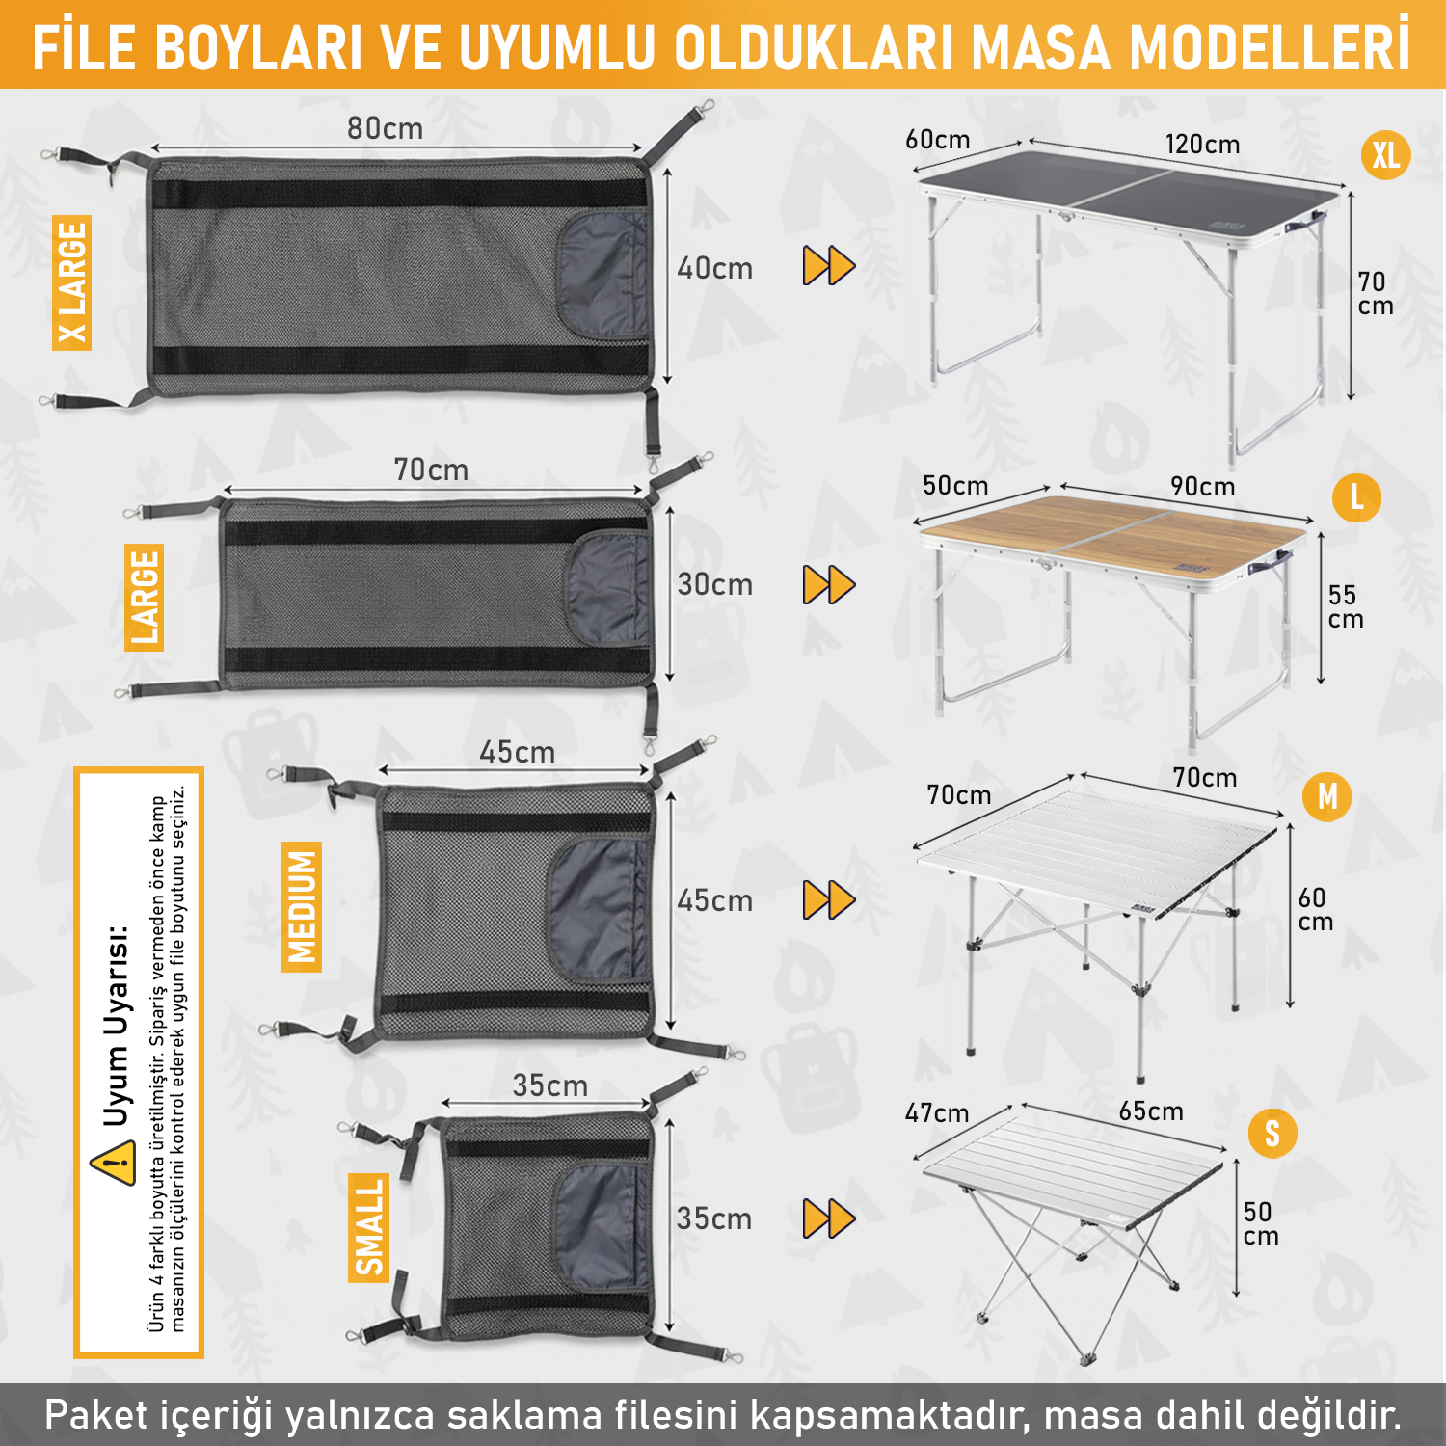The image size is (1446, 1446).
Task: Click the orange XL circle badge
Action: [x=1385, y=155]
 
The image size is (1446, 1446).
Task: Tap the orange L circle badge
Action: [x=1356, y=497]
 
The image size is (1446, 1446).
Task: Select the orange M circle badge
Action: [x=1327, y=797]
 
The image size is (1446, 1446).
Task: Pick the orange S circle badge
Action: [x=1272, y=1134]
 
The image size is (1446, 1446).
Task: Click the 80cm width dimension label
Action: [x=385, y=128]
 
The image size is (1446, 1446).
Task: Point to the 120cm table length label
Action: [x=1202, y=145]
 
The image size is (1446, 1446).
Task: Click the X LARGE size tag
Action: [x=72, y=282]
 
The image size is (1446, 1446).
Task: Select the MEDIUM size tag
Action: [x=302, y=906]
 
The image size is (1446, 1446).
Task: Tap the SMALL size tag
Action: [x=368, y=1227]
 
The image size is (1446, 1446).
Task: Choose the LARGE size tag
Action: [x=145, y=597]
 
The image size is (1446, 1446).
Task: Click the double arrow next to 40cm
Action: [x=828, y=266]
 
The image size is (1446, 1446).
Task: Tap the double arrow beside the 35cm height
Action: [x=828, y=1218]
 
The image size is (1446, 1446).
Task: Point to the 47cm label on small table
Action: [x=936, y=1113]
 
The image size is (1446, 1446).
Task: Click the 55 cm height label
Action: [x=1345, y=606]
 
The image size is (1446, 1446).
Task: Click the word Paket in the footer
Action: [x=98, y=1415]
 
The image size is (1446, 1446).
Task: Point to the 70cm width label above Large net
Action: [x=431, y=469]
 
